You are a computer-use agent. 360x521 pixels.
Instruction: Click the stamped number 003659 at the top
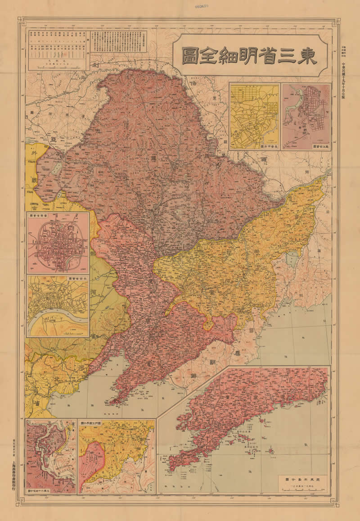pyautogui.click(x=205, y=8)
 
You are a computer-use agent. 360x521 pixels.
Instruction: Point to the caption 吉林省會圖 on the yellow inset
pyautogui.click(x=77, y=279)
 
